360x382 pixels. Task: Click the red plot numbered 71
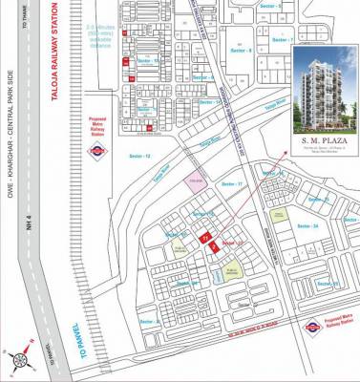[x=202, y=237]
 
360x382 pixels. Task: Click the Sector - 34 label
[x=305, y=225]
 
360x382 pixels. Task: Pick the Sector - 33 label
[x=317, y=199]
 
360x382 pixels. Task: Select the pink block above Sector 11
[x=197, y=182]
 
